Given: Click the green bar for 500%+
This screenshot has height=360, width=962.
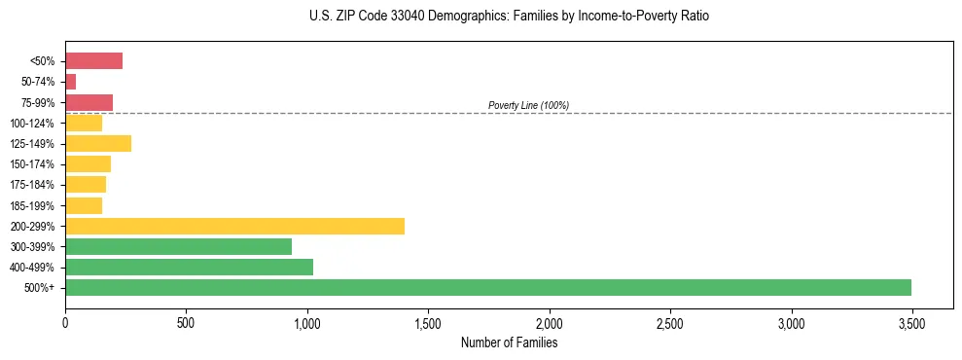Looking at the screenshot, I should [x=487, y=287].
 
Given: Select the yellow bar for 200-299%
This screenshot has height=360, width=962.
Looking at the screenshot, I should [x=234, y=226].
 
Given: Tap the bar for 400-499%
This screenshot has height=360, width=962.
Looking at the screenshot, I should [x=189, y=267].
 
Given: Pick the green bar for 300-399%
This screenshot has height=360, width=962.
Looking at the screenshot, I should [x=178, y=246].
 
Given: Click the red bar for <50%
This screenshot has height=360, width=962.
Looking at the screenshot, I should [x=93, y=61].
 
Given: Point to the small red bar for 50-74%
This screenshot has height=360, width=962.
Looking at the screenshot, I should [x=70, y=82].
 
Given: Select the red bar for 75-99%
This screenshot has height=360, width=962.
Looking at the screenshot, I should [x=89, y=102].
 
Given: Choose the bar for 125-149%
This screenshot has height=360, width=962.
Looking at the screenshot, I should [x=98, y=143].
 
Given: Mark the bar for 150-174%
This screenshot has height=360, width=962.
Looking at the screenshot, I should [x=88, y=163].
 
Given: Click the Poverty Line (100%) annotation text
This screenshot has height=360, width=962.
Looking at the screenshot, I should [x=528, y=105].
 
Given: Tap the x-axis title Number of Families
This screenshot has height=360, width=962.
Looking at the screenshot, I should [x=509, y=342].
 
